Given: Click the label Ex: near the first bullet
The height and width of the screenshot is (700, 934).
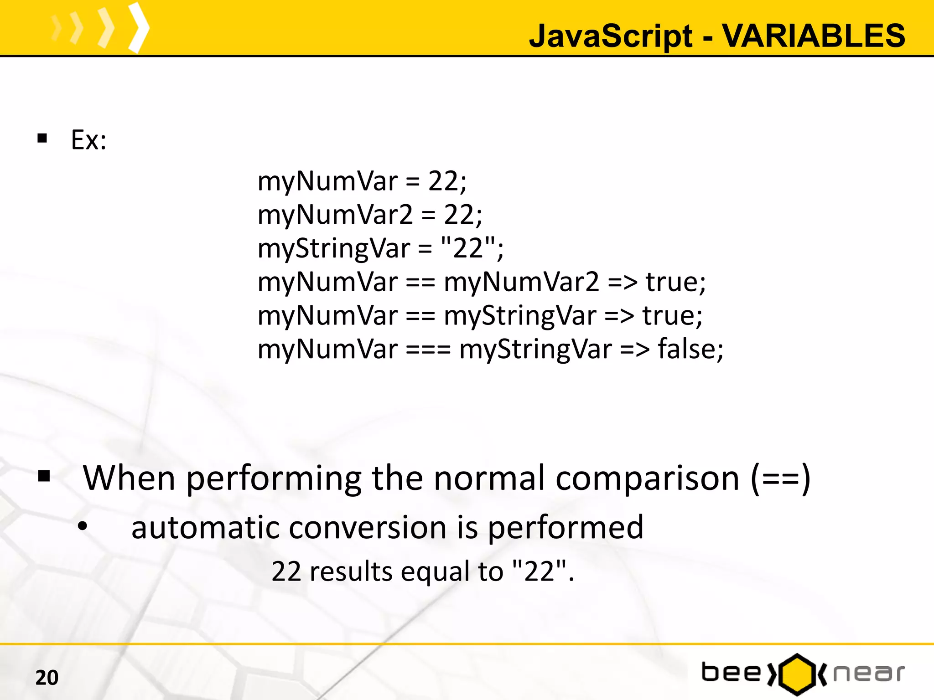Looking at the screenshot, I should (x=88, y=140).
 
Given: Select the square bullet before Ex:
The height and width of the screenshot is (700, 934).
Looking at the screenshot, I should (x=42, y=138).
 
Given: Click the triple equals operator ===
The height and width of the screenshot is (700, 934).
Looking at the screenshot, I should (x=428, y=350).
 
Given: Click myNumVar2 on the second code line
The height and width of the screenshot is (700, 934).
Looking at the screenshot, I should (x=335, y=215).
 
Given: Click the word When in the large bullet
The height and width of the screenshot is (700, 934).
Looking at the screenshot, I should (x=129, y=478).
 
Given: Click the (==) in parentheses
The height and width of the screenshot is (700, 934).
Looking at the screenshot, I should (x=780, y=478).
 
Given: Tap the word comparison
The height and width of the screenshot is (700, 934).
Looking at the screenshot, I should (x=647, y=478).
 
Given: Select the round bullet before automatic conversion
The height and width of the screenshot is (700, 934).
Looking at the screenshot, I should (x=83, y=526).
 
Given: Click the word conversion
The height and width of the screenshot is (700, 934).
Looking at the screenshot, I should (x=368, y=527).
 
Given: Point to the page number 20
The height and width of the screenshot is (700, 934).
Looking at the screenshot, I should (x=47, y=678).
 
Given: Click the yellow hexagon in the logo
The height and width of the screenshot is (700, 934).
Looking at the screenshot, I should (x=797, y=674).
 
